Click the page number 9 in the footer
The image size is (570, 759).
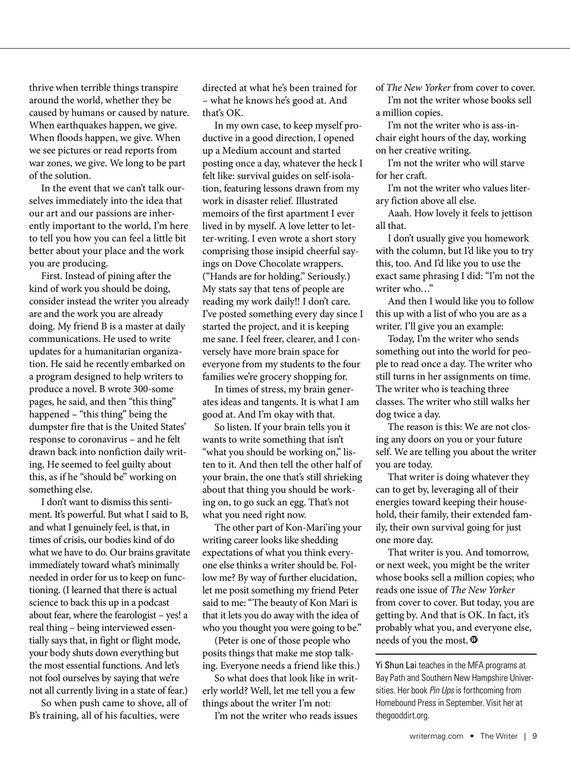coord(534,736)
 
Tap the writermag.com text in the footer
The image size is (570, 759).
coord(436,736)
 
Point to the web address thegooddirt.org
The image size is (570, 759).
coord(402,715)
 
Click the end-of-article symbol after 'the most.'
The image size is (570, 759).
coord(474,640)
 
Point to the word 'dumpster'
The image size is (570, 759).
coord(52,427)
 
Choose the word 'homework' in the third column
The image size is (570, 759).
coord(508,238)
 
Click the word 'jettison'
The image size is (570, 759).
coord(513,213)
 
